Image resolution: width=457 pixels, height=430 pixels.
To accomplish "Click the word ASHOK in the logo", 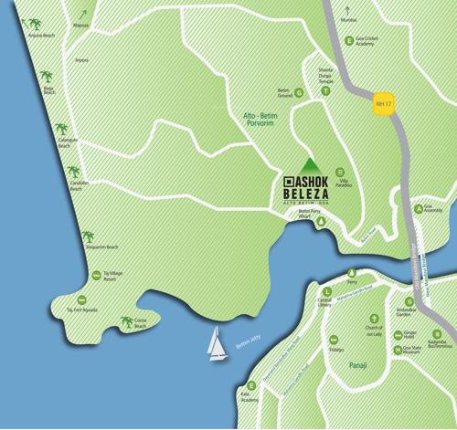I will tap(312, 179).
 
